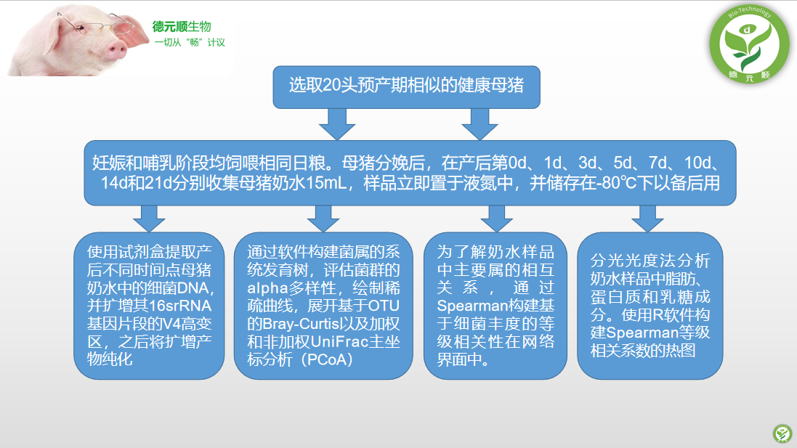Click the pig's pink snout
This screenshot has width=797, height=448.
pos(117,49)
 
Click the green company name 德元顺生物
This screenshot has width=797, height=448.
pos(182,26)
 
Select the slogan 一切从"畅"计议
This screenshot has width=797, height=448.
pos(190,42)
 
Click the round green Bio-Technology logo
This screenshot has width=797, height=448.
pos(749,44)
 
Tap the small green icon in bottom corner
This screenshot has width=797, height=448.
pos(782,433)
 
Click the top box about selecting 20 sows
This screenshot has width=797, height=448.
pos(406,87)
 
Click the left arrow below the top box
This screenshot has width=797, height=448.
pos(336,124)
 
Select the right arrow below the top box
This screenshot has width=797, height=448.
pos(480,124)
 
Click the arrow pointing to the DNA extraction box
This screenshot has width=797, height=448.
pos(149,219)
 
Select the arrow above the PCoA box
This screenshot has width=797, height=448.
pos(323,219)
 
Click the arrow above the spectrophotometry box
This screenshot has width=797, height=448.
pos(647,219)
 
